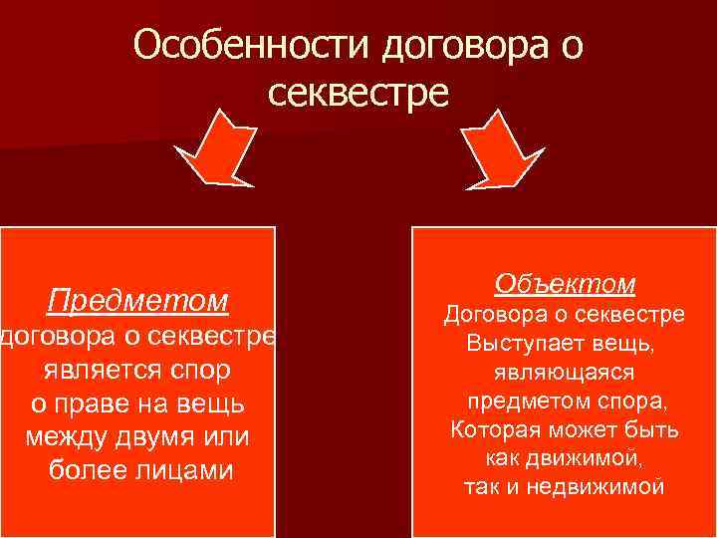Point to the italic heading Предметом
[138, 300]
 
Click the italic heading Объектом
[564, 284]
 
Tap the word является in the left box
[93, 371]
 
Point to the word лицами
[186, 470]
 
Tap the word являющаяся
[563, 373]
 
